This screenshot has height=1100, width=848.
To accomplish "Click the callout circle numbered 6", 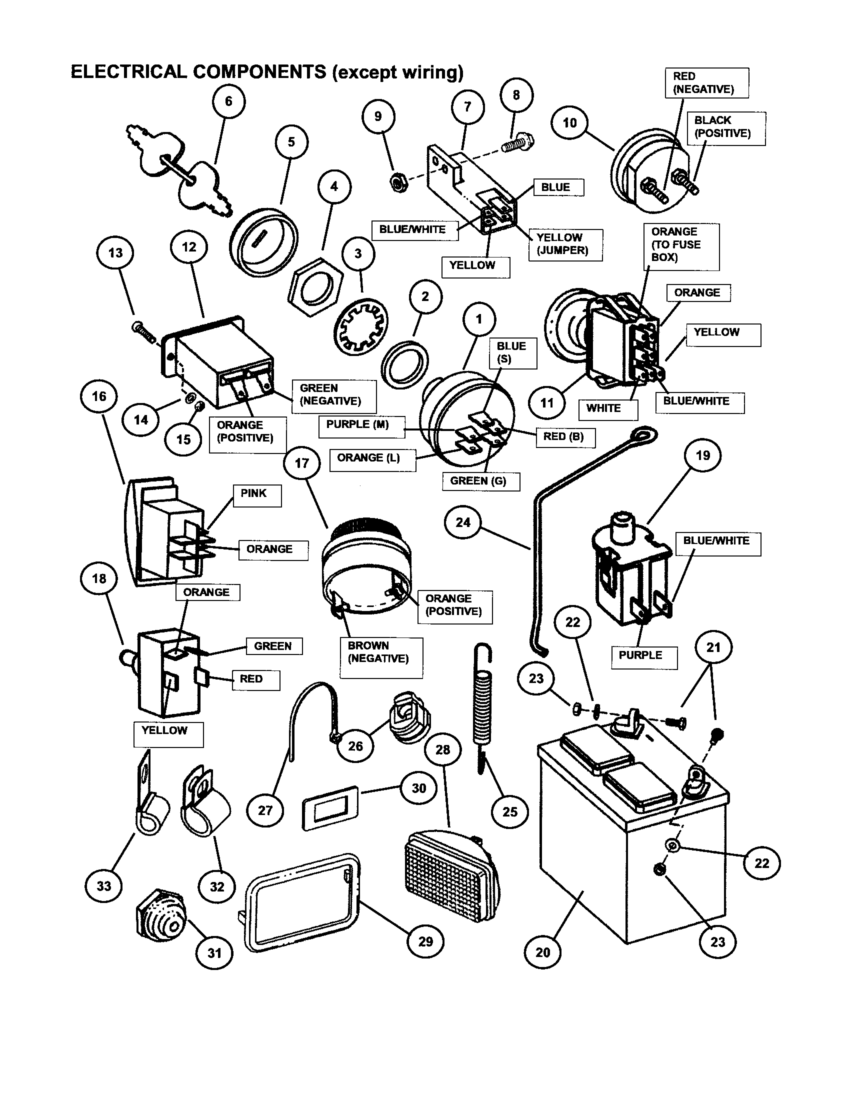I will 228,101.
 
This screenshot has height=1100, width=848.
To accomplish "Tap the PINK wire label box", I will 257,495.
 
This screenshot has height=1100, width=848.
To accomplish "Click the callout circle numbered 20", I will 542,952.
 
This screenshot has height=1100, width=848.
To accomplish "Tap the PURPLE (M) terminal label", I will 360,426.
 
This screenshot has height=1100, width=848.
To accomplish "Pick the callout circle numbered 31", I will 214,952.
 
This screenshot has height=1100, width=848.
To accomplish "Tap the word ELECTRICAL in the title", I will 128,72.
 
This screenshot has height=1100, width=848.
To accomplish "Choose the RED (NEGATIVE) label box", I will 706,83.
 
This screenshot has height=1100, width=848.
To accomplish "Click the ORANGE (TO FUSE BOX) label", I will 681,246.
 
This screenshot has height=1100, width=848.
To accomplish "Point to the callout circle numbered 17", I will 301,463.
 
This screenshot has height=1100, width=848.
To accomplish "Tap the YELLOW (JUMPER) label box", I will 565,245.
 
